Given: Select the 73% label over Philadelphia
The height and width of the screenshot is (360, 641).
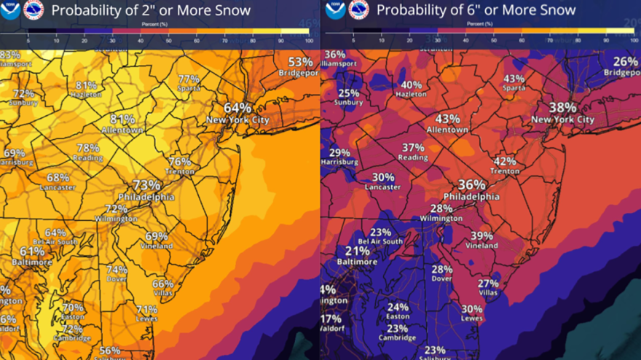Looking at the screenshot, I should click(146, 185).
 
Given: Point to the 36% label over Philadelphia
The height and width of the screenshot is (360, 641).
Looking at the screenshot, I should click(472, 185).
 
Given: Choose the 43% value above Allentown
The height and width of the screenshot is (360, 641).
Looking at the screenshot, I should click(447, 119).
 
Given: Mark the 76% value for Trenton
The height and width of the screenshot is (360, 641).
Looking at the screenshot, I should click(180, 161).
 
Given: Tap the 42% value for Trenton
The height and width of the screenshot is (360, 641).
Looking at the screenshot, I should click(504, 161).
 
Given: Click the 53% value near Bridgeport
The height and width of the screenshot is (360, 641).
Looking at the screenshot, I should click(300, 62).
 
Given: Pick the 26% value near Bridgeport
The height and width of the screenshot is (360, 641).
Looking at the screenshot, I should click(625, 62).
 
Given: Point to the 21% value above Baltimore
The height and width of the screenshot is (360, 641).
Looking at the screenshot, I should click(357, 251).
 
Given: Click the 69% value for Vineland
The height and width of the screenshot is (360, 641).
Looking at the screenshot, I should click(156, 236).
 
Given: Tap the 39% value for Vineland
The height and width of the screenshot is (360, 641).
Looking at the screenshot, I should click(481, 236).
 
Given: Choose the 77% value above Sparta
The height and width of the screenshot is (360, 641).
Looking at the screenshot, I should click(189, 79).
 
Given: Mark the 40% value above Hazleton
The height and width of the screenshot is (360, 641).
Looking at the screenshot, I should click(411, 85).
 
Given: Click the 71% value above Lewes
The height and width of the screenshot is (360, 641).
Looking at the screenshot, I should click(146, 309).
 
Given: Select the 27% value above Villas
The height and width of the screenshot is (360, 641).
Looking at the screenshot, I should click(488, 283).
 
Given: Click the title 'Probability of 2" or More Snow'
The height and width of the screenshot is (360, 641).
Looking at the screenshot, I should click(151, 10).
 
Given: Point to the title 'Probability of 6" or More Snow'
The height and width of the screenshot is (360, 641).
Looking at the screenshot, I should click(475, 10).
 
